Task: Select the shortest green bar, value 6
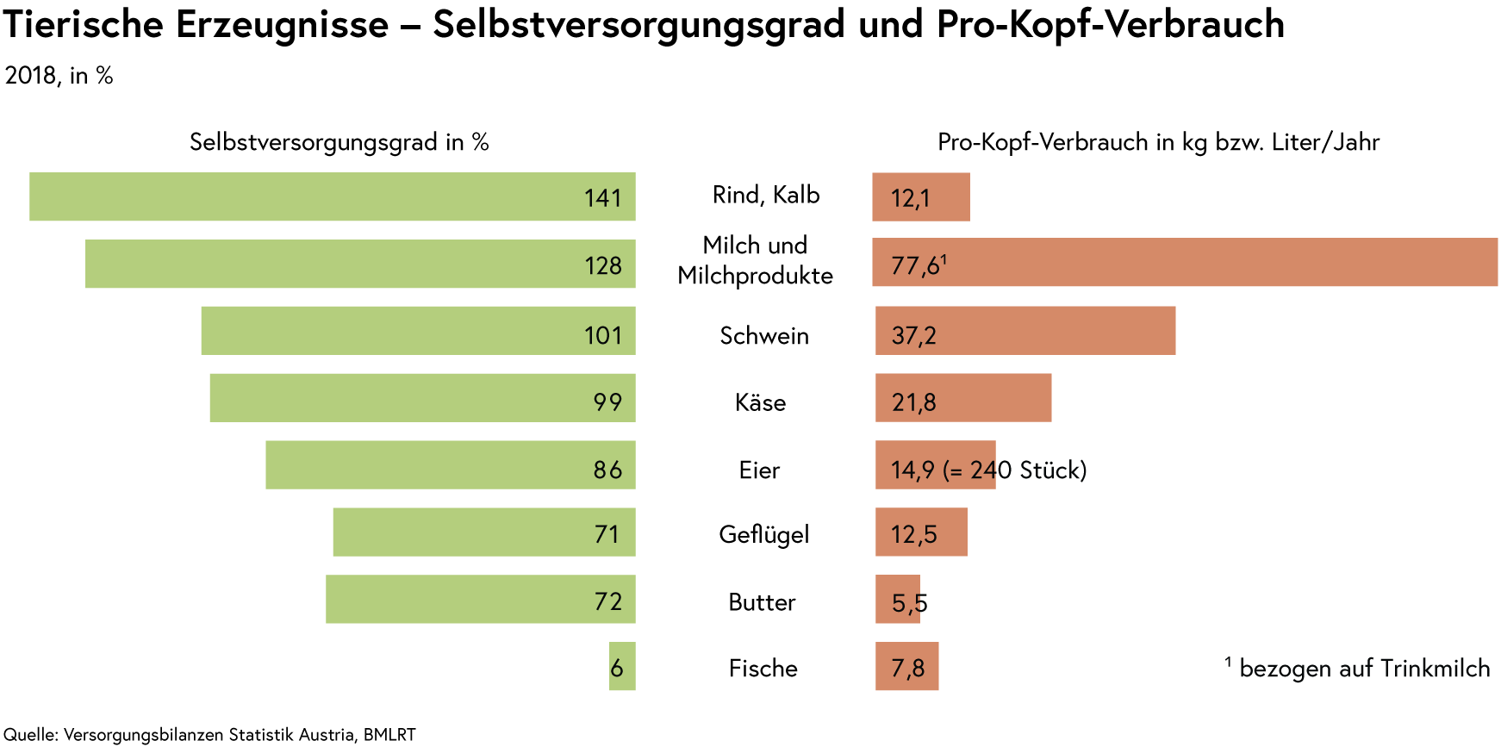[622, 667]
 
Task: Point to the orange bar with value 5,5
[898, 600]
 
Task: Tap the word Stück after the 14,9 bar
[1051, 470]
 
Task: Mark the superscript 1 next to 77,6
[944, 259]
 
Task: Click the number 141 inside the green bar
[602, 199]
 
